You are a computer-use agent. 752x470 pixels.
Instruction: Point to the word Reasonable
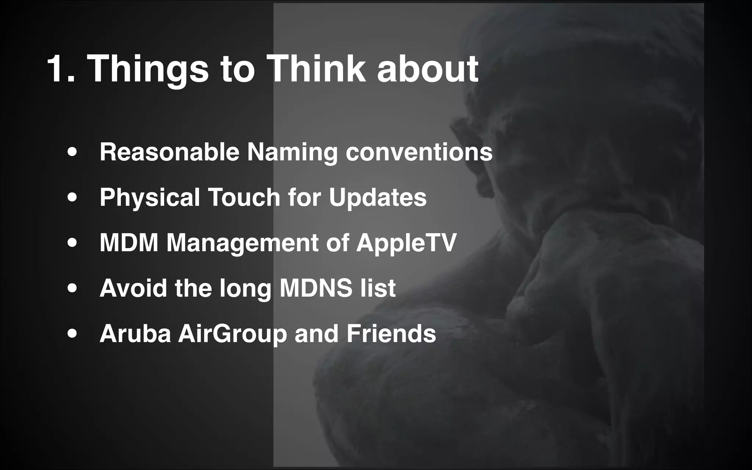point(169,152)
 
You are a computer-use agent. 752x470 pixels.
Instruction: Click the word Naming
point(292,152)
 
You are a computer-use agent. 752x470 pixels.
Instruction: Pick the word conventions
point(419,152)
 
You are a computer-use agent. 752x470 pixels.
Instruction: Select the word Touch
point(244,197)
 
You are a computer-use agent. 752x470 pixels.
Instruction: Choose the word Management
point(242,243)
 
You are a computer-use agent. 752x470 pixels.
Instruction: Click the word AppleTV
point(406,243)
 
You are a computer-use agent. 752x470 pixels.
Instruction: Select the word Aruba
point(135,333)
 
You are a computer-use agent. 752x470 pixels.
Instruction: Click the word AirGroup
point(232,334)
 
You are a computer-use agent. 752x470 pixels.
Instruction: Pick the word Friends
point(391,333)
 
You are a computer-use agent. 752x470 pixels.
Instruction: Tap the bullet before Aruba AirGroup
point(72,334)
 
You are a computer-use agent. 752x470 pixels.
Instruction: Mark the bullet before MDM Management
point(72,243)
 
